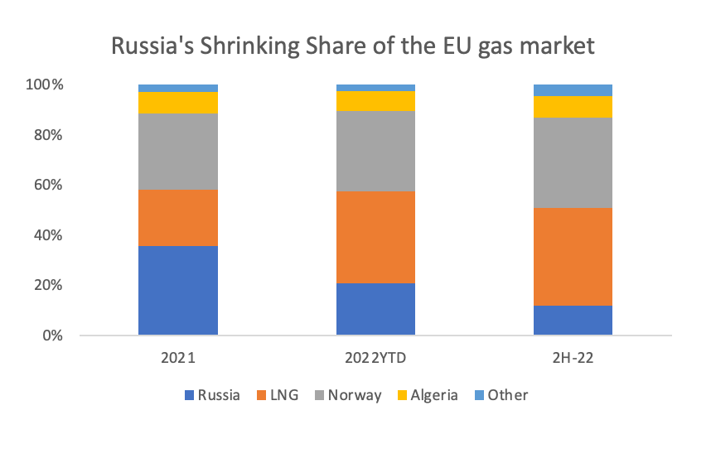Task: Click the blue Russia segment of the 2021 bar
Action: [178, 290]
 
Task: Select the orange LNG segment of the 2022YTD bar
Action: [375, 237]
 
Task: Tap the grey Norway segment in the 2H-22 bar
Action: [573, 162]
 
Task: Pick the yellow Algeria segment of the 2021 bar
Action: [178, 103]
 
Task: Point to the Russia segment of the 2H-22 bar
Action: [573, 321]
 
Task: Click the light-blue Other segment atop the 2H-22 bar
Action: [573, 89]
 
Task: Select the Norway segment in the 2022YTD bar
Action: [375, 151]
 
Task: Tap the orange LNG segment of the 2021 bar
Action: [178, 218]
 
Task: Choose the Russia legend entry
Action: [211, 395]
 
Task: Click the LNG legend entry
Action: [279, 395]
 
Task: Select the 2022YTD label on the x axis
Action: [375, 360]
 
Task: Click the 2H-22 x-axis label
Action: [573, 360]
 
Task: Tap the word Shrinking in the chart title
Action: [263, 46]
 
